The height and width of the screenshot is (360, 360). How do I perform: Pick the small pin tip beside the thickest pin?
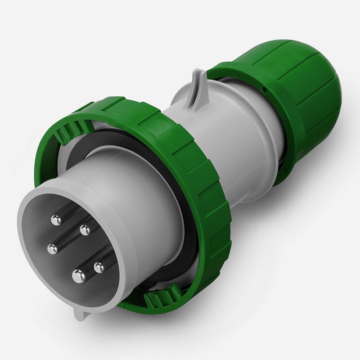point(99,268)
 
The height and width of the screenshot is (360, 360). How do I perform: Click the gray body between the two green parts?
point(234,135)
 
